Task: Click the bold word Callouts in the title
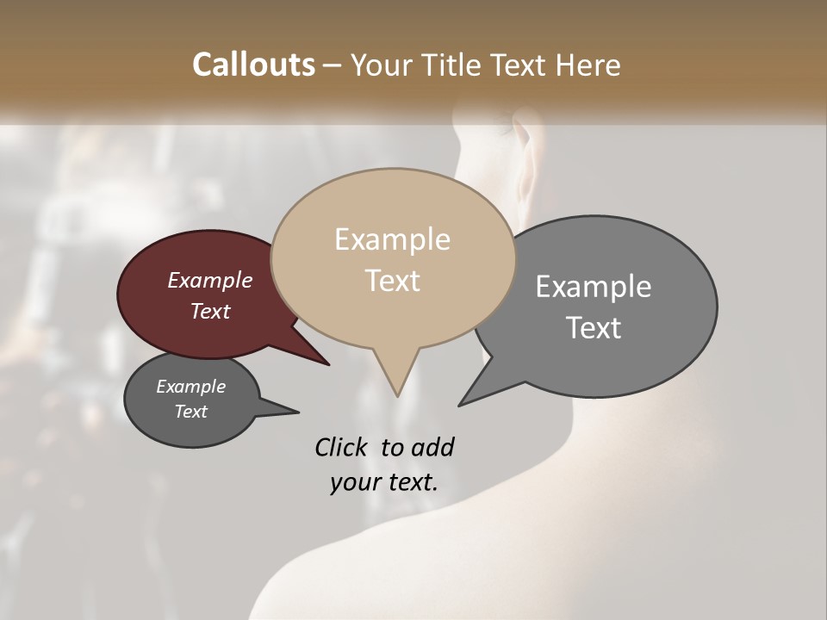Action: pyautogui.click(x=253, y=65)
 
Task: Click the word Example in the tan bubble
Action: pyautogui.click(x=392, y=239)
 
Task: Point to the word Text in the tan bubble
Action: pyautogui.click(x=392, y=281)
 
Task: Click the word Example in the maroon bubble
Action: pyautogui.click(x=209, y=280)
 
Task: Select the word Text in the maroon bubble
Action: pyautogui.click(x=209, y=311)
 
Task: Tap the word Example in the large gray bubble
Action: pyautogui.click(x=593, y=287)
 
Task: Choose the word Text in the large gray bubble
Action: pyautogui.click(x=593, y=328)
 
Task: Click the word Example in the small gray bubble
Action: pyautogui.click(x=190, y=387)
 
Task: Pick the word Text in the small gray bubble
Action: pyautogui.click(x=190, y=412)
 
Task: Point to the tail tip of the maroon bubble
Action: pyautogui.click(x=328, y=364)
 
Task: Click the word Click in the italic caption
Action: pyautogui.click(x=342, y=447)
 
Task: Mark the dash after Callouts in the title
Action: pyautogui.click(x=333, y=65)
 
